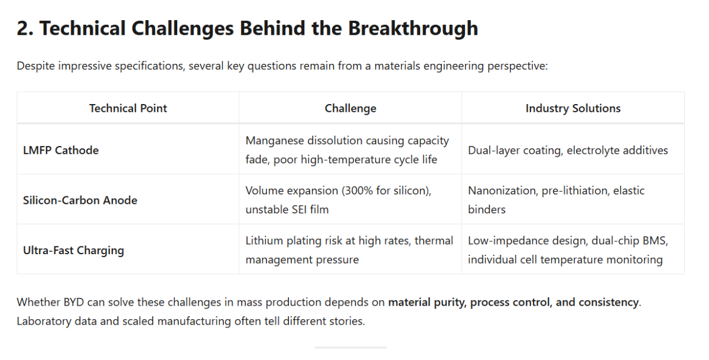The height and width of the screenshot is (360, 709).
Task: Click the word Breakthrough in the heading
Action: [x=413, y=28]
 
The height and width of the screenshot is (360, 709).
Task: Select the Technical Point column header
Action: [x=128, y=108]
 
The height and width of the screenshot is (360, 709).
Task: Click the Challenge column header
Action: [x=350, y=108]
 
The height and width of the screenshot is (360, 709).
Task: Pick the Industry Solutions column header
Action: [x=573, y=108]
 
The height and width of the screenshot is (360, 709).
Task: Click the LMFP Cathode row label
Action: [x=61, y=150]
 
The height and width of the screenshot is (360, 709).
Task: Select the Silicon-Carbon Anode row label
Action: [x=80, y=200]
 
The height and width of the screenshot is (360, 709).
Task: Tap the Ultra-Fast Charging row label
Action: [x=73, y=251]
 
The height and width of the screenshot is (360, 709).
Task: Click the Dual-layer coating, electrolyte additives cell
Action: [x=568, y=150]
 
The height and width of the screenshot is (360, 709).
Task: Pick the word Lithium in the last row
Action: [x=264, y=241]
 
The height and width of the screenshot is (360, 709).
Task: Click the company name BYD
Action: [x=74, y=303]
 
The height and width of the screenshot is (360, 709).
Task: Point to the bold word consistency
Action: [x=609, y=303]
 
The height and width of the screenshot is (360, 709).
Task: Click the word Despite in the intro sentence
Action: [x=36, y=66]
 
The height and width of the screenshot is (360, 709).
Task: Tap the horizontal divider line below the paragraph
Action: [x=350, y=348]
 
